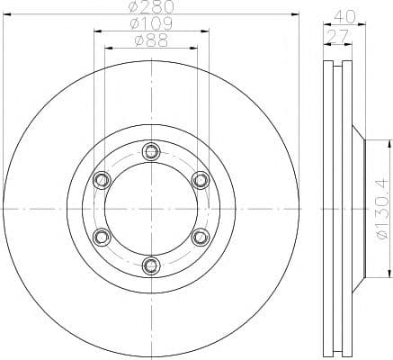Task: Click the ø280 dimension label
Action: tap(150, 8)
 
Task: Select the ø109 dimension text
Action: tap(150, 22)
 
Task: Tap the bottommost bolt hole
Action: tap(150, 265)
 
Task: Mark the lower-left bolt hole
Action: tap(101, 237)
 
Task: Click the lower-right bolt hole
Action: tap(200, 237)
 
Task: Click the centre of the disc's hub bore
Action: tap(150, 208)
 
